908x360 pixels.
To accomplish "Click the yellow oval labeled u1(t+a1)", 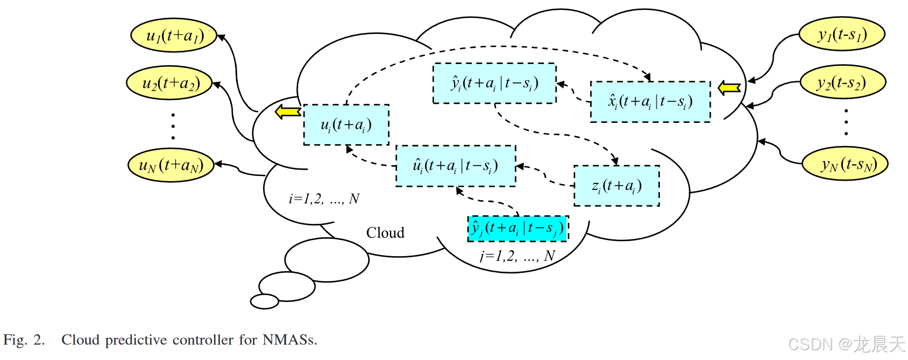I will click(x=174, y=36).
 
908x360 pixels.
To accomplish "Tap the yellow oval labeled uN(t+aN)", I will click(x=171, y=166).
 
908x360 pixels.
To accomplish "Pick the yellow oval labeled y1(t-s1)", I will click(x=842, y=35).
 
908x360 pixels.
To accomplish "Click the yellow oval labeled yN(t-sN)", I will click(x=845, y=164).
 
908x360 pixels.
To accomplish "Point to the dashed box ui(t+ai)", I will click(x=346, y=125).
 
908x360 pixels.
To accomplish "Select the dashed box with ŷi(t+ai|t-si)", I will click(x=494, y=84).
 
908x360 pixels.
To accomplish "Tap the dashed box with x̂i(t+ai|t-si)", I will click(x=650, y=102).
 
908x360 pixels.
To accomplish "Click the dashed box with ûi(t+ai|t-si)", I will click(x=455, y=166).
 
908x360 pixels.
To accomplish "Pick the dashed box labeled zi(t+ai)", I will click(x=616, y=186).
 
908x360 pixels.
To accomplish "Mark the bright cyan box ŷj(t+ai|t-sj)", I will click(x=517, y=228).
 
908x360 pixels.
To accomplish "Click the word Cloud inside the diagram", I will click(x=385, y=233).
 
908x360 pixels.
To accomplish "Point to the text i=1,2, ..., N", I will click(x=324, y=199).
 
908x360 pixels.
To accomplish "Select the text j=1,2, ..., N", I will click(x=517, y=256).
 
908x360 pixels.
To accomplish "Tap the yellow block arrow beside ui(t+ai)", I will click(x=288, y=111).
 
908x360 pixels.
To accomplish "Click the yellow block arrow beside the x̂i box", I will click(x=729, y=88).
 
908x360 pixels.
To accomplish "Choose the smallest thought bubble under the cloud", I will click(x=265, y=301).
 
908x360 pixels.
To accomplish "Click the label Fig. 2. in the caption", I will click(x=24, y=340).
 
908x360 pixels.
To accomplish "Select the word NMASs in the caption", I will click(x=290, y=340).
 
